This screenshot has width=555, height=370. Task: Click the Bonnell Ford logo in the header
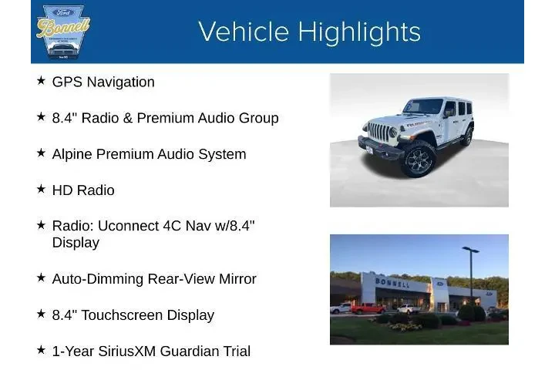coord(63,31)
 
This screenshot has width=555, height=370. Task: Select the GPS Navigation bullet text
coord(103,82)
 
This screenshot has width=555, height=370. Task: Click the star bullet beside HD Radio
coord(41,188)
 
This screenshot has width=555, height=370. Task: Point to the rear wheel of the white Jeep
coord(466,136)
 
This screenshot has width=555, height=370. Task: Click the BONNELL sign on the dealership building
coord(392,281)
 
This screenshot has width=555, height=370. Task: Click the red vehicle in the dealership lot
coord(368,308)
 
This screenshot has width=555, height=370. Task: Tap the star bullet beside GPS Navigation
coord(41,80)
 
